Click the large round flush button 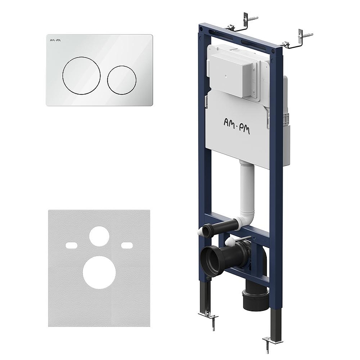[x=81, y=75]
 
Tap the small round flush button [x=121, y=80]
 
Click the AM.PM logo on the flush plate [x=55, y=40]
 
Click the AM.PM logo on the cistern [x=237, y=126]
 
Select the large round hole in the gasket [x=99, y=272]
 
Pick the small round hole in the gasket [x=99, y=236]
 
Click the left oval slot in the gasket [x=72, y=245]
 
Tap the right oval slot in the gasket [x=127, y=245]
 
